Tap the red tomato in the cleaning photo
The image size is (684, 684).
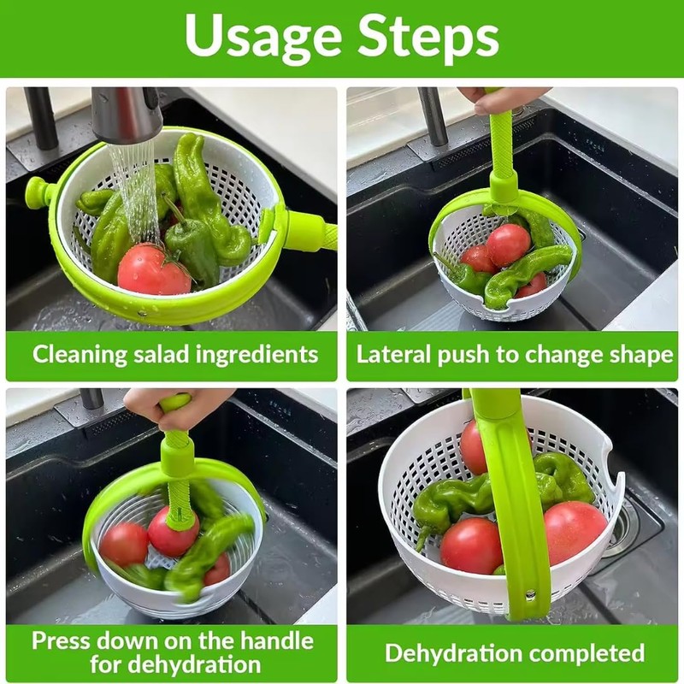pyautogui.click(x=152, y=269)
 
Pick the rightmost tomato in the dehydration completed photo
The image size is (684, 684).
pyautogui.click(x=575, y=532)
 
